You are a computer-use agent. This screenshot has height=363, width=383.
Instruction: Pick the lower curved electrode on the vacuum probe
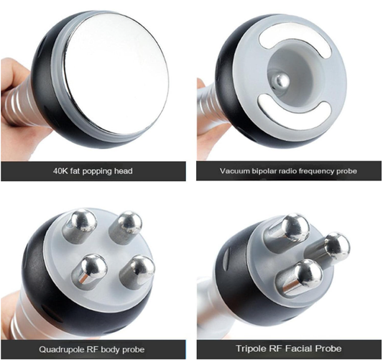coord(294,111)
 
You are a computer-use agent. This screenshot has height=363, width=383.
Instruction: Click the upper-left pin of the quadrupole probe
coord(80,225)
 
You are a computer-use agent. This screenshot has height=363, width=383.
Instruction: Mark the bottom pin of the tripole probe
coord(300,277)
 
